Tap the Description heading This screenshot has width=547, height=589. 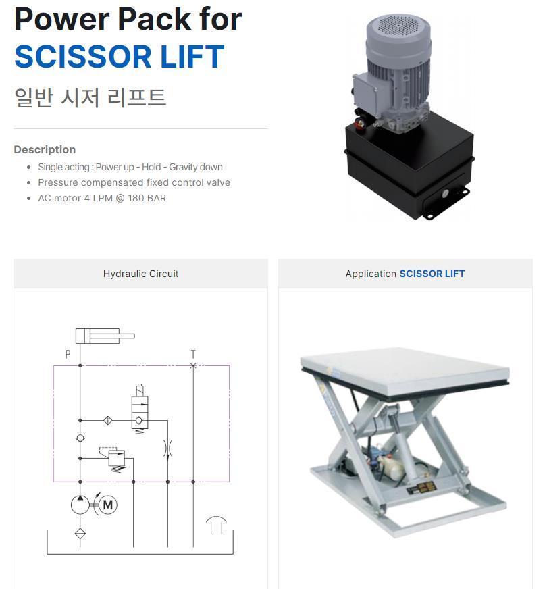(x=45, y=149)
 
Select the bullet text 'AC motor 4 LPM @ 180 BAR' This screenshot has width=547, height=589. (x=102, y=198)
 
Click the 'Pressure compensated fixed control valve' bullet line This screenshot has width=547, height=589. (x=134, y=182)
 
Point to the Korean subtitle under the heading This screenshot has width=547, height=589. (x=90, y=98)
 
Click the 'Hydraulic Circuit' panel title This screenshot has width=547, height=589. (x=140, y=274)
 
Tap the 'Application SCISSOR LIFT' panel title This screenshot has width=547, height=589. (x=405, y=274)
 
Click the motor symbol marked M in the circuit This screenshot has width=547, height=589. (x=108, y=505)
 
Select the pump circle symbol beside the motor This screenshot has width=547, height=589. (x=80, y=505)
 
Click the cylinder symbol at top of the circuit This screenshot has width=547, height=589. (x=105, y=336)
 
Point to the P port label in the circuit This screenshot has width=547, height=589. (x=68, y=354)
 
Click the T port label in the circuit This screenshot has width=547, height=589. (x=193, y=354)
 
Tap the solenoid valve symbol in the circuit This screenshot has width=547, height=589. (x=139, y=409)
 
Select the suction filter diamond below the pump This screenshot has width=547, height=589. (x=80, y=534)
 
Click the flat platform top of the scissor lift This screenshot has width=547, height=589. (x=405, y=370)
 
